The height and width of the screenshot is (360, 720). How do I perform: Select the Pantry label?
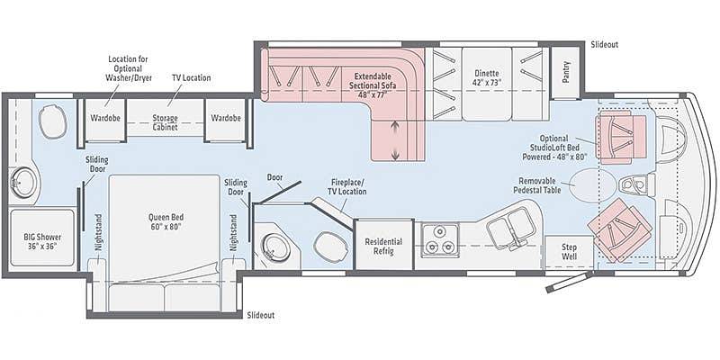(566, 72)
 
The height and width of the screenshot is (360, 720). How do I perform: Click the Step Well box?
(570, 252)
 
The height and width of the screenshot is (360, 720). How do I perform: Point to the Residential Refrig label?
(383, 246)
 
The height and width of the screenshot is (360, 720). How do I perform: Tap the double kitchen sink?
(508, 228)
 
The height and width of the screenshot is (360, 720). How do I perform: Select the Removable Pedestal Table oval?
(593, 185)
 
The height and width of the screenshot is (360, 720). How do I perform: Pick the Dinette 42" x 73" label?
(487, 77)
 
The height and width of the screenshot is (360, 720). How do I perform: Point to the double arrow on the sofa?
(395, 141)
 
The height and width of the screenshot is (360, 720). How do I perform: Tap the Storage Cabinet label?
(165, 122)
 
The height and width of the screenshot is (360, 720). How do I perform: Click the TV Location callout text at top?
(192, 77)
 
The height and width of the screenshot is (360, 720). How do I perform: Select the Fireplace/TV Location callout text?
(347, 187)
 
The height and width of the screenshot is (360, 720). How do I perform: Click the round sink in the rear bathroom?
(23, 183)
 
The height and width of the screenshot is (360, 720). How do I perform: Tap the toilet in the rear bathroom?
(53, 121)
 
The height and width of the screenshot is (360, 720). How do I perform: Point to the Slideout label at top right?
(605, 44)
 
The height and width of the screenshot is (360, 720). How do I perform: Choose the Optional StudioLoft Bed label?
(553, 147)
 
